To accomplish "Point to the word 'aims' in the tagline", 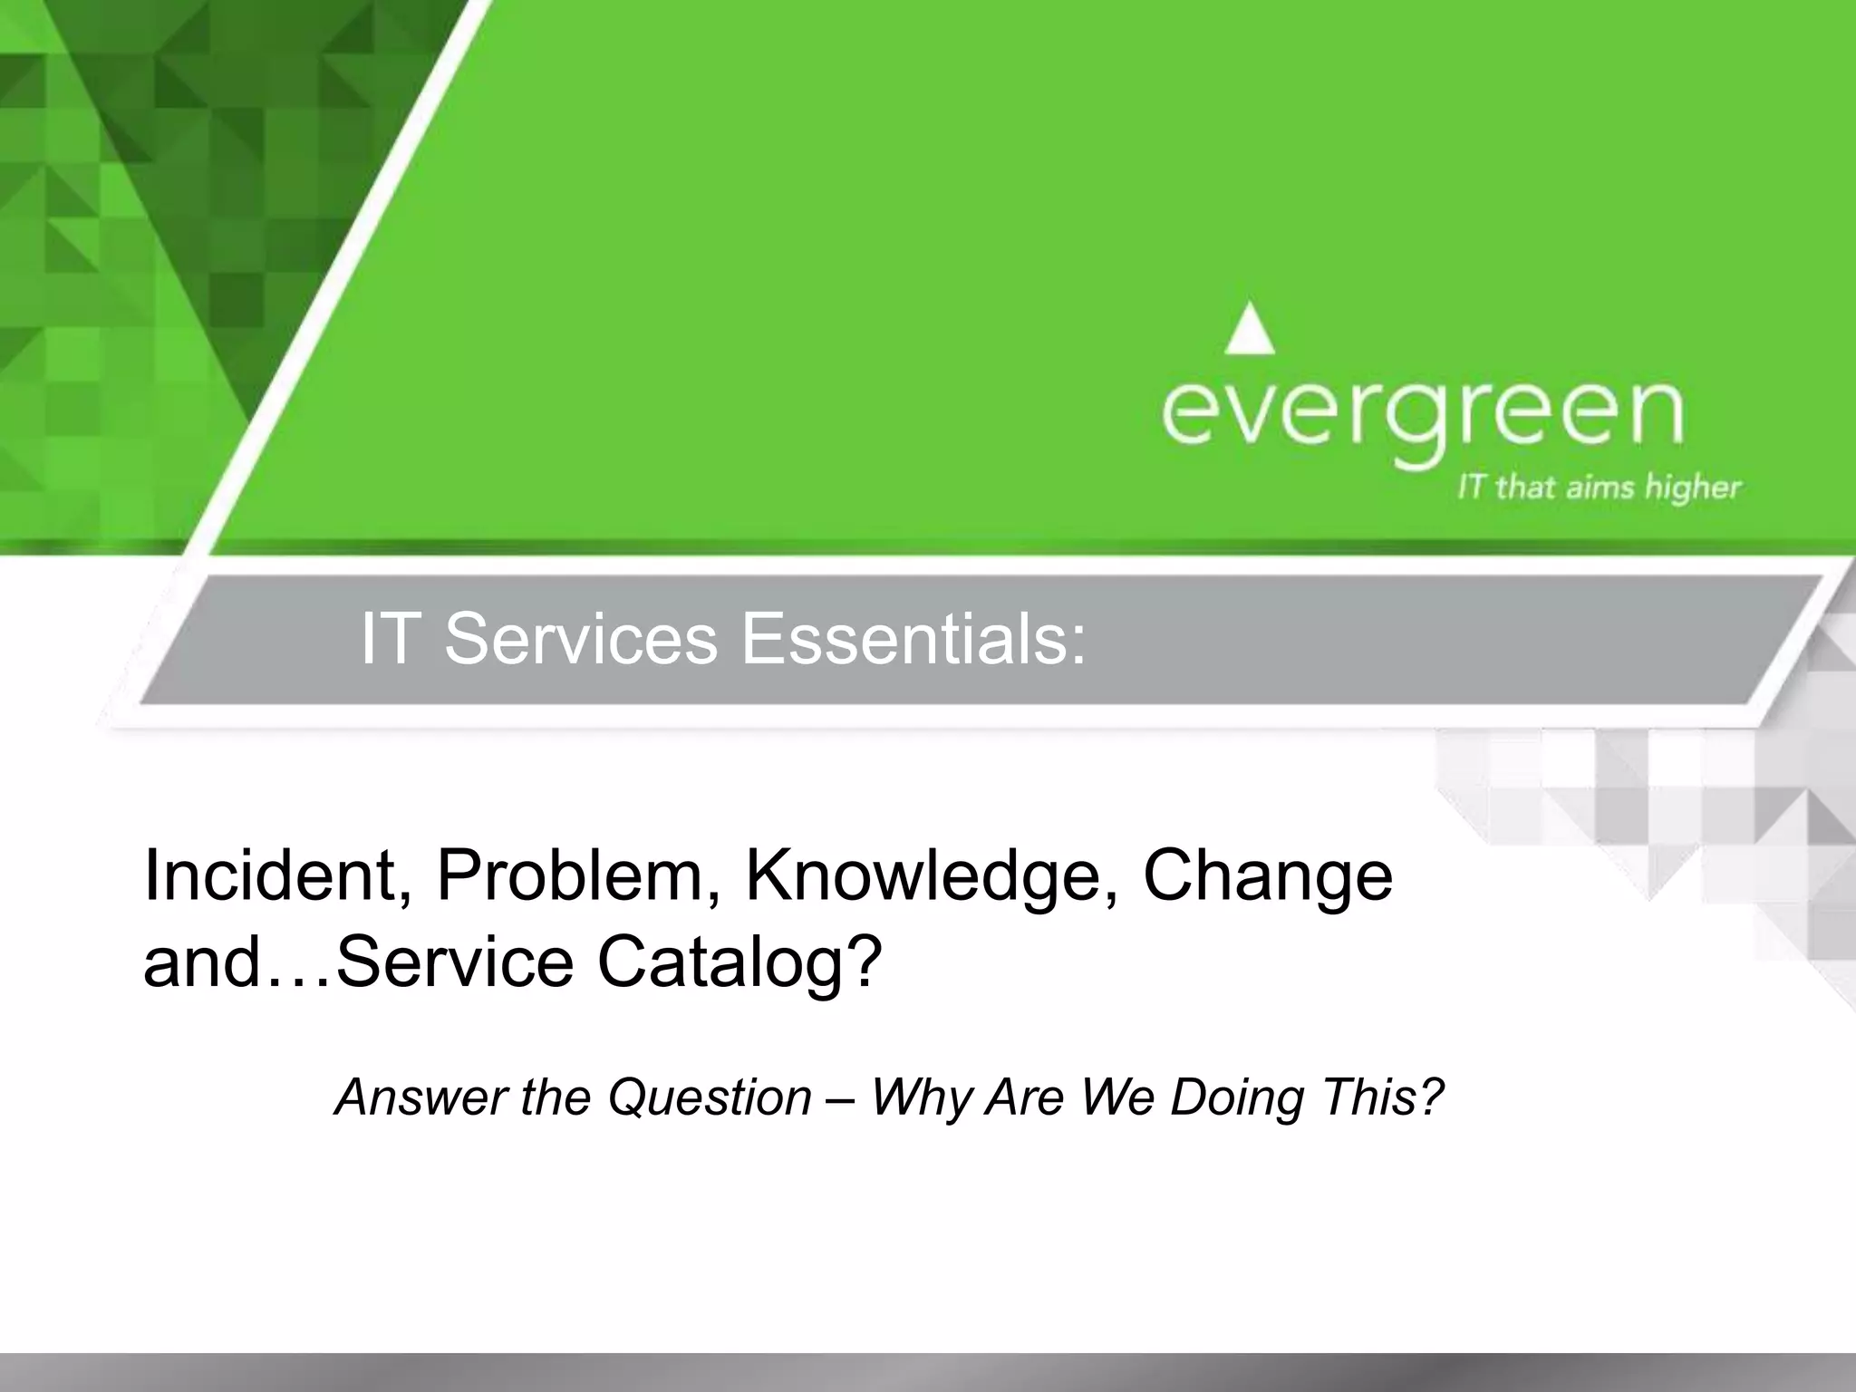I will [x=1590, y=488].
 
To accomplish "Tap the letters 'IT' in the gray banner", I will [x=392, y=640].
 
